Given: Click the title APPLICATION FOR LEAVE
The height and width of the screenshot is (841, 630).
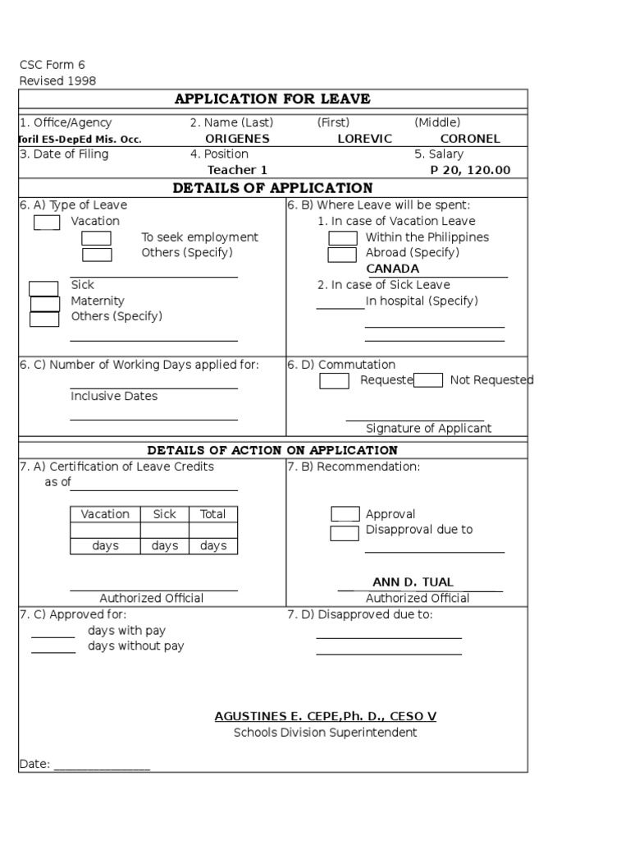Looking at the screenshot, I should tap(272, 99).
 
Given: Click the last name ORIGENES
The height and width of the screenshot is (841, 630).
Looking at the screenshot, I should tap(237, 139).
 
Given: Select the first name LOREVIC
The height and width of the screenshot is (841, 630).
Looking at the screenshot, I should tap(365, 139).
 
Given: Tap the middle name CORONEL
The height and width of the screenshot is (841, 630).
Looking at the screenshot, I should tap(470, 139).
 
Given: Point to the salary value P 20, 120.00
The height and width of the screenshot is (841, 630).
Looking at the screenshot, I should tap(470, 170).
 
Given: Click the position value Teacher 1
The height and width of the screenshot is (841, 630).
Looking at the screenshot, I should tap(237, 170).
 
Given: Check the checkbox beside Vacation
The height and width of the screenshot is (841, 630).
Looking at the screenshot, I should tap(47, 223).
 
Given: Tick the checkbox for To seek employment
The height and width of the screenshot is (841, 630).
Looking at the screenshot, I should tap(96, 238).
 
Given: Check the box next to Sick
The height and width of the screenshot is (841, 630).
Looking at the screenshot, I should tap(43, 288).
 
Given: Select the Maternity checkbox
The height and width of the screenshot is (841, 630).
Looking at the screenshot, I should tap(45, 304).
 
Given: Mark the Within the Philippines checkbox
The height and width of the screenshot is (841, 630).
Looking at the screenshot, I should tap(343, 238).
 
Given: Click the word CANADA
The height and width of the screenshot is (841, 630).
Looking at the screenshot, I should tap(392, 269).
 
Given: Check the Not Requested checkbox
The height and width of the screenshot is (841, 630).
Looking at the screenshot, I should tap(428, 380).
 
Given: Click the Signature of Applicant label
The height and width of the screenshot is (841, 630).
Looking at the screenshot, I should tap(428, 428).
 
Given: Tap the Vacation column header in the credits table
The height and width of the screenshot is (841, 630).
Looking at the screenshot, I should tap(105, 514).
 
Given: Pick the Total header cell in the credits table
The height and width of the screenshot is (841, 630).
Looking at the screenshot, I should tap(212, 514).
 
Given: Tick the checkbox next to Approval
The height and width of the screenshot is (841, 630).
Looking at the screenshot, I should tap(345, 514).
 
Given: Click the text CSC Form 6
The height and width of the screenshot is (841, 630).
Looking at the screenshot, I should tap(52, 65).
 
